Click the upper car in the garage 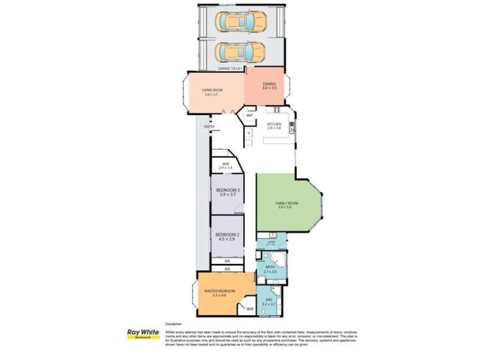240,23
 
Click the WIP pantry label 249,115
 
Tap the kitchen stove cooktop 277,109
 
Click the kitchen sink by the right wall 292,127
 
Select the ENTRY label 209,127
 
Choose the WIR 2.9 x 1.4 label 226,165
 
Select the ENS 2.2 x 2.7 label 269,301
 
